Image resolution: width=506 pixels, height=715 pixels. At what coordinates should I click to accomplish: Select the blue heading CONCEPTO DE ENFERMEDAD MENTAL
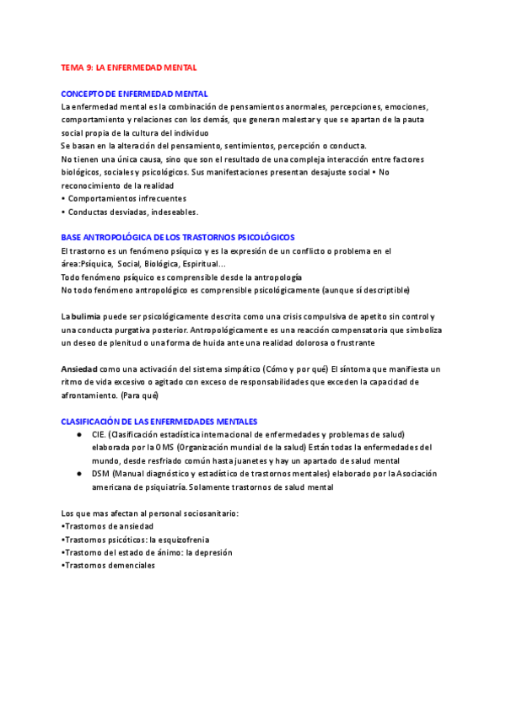[x=135, y=94]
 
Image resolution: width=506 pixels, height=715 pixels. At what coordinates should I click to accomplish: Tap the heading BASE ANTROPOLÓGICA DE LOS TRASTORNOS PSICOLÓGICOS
[x=178, y=238]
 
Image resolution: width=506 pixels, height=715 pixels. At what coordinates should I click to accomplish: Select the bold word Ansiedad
[x=79, y=369]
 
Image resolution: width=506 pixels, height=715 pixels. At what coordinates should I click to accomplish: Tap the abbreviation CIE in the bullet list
[x=98, y=434]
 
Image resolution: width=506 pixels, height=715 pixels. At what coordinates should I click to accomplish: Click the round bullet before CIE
[x=78, y=434]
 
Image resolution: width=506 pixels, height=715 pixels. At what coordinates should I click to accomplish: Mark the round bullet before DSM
[x=78, y=474]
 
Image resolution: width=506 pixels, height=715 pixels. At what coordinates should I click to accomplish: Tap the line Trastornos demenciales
[x=110, y=566]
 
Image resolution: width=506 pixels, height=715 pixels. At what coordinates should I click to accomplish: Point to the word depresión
[x=212, y=553]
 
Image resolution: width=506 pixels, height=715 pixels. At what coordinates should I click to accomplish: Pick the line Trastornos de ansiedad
[x=109, y=526]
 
